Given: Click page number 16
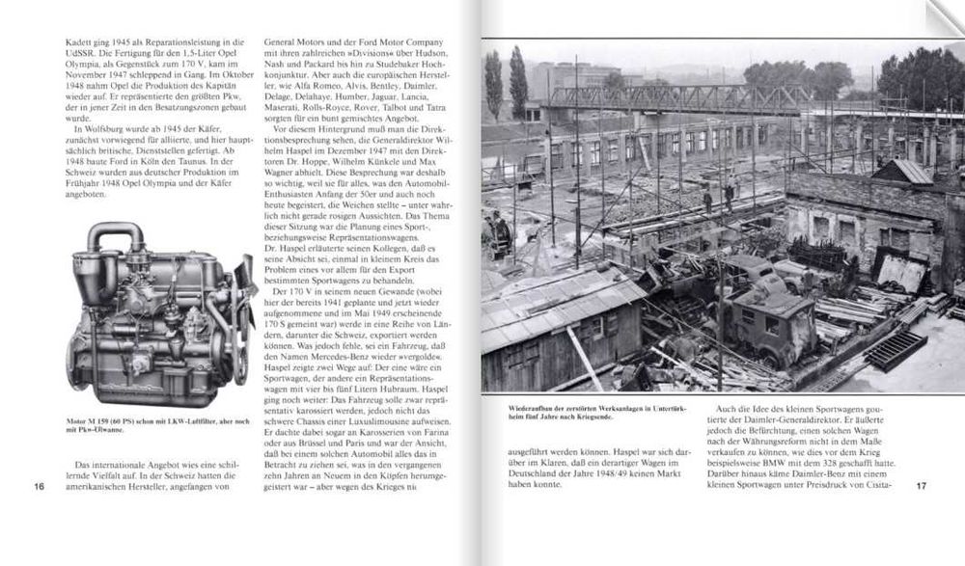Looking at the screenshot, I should point(39,485).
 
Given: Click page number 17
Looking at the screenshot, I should point(921,485).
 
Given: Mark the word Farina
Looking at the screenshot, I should point(401,393).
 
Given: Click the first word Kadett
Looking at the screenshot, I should point(42,44).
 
